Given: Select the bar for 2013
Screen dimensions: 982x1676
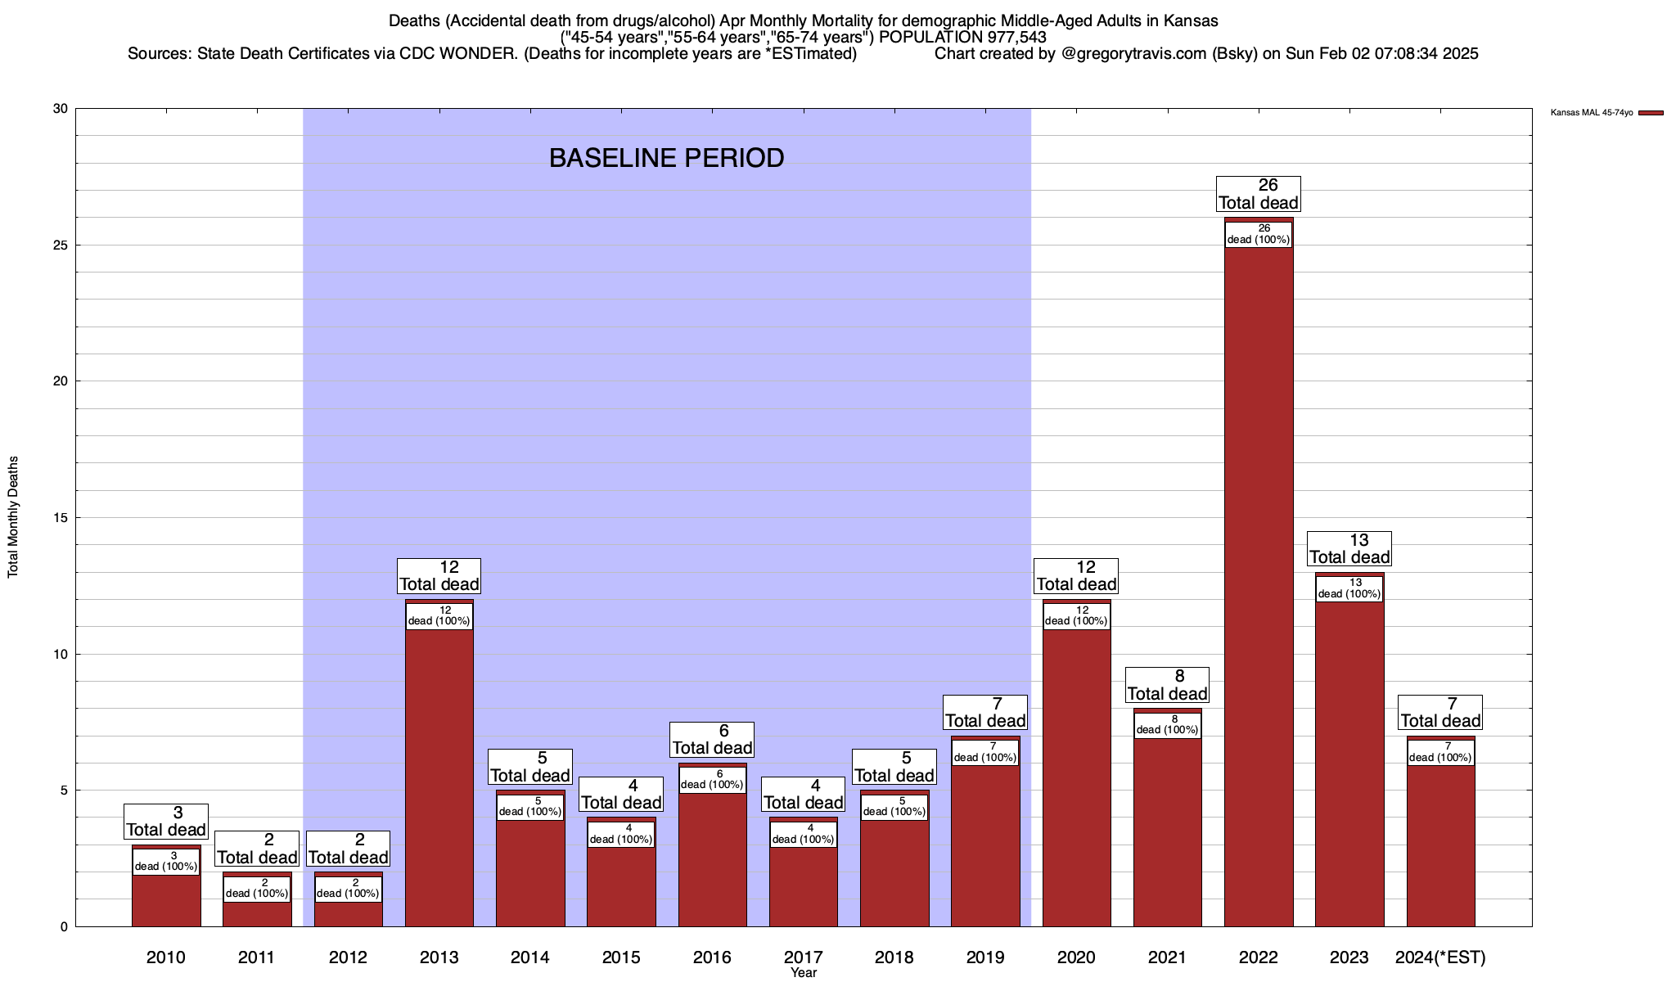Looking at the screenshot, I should coord(439,777).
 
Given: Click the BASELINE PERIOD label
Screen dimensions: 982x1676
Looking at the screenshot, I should coord(666,158).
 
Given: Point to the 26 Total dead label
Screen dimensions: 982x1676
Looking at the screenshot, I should coord(1259,194).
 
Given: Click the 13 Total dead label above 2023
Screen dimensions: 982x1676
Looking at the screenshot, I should coord(1349,549).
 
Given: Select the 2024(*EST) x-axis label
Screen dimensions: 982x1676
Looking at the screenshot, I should coord(1440,957).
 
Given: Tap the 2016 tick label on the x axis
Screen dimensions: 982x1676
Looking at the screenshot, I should coord(712,957).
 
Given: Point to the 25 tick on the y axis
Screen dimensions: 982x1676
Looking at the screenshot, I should coord(60,245).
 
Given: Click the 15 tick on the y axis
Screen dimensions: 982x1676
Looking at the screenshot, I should coord(60,517).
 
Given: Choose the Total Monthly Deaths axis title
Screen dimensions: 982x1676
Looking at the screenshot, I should coord(13,517).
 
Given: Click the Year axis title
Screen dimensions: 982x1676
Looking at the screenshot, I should coord(804,973).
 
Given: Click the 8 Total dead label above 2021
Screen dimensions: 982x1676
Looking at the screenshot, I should coord(1168,685).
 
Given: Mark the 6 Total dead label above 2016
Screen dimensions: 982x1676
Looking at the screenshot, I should coord(712,740).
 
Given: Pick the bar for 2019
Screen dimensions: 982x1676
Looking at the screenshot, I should coord(985,843).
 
